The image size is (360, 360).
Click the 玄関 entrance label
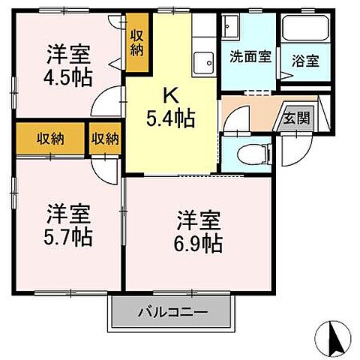[292, 118]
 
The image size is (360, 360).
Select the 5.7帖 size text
[69, 237]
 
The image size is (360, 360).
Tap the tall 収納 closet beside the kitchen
[137, 43]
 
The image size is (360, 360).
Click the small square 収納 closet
[106, 139]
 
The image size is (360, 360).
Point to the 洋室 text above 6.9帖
[199, 221]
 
